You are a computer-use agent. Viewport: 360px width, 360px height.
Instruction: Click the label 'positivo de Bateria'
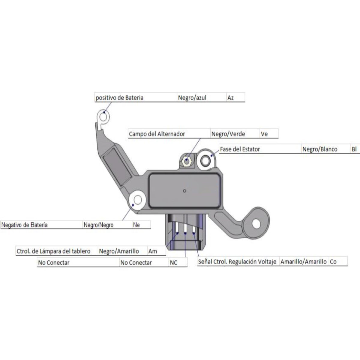(x=119, y=98)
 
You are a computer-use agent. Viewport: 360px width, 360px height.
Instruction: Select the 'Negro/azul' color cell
(x=192, y=98)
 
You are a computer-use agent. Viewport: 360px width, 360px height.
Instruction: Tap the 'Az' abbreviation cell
(x=230, y=98)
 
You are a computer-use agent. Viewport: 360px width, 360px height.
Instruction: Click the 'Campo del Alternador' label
(x=157, y=134)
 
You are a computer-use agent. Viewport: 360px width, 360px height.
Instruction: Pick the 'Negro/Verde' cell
(x=228, y=134)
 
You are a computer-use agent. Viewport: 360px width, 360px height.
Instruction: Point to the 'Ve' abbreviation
(x=264, y=134)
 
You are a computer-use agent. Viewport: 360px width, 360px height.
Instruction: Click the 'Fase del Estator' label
(x=240, y=149)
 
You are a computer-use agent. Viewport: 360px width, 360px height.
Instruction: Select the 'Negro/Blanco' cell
(x=319, y=149)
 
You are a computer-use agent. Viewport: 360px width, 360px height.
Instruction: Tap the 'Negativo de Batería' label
(x=24, y=225)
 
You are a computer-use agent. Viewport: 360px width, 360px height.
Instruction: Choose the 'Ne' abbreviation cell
(x=136, y=225)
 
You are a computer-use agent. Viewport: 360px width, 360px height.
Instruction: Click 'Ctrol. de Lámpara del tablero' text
(x=53, y=251)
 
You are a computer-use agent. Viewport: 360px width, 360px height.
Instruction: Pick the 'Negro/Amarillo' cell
(x=119, y=251)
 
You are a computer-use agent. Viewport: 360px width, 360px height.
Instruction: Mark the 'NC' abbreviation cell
(x=173, y=263)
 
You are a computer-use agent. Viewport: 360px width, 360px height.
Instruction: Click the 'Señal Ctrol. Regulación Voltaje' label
(x=237, y=262)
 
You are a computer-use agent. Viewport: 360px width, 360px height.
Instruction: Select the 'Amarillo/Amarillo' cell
(x=303, y=262)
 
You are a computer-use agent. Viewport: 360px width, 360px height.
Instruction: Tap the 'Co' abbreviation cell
(x=333, y=262)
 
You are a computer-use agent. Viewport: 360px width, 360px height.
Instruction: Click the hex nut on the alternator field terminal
(x=186, y=161)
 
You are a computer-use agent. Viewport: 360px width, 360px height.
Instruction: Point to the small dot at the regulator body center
(x=184, y=191)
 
